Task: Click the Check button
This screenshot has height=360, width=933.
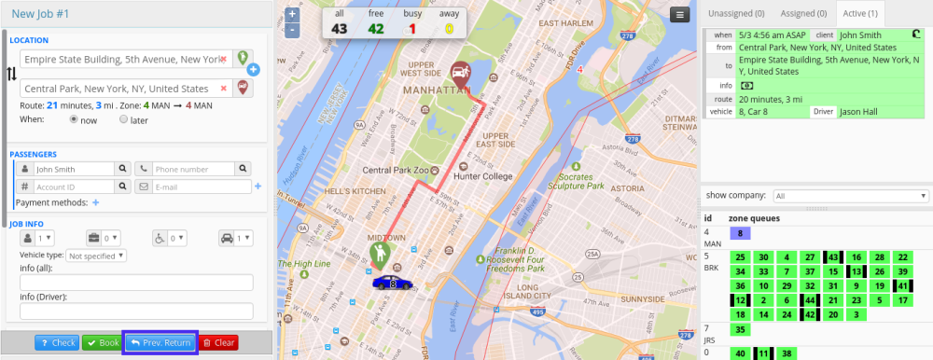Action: (x=57, y=342)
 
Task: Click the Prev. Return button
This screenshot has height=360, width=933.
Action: (x=160, y=342)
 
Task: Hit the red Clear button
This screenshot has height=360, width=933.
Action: (x=219, y=342)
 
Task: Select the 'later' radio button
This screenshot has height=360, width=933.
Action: (x=124, y=119)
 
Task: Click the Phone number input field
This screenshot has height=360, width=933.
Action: (x=192, y=169)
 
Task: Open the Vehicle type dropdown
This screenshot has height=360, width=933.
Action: (x=97, y=255)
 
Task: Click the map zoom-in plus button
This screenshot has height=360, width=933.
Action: (x=292, y=15)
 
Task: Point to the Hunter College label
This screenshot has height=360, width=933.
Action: (x=482, y=175)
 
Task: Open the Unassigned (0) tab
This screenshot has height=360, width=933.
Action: (x=735, y=13)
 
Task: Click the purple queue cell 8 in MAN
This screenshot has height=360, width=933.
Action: (x=740, y=233)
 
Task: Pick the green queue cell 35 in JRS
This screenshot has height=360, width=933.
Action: (x=740, y=329)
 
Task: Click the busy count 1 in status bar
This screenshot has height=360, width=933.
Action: (x=412, y=28)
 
